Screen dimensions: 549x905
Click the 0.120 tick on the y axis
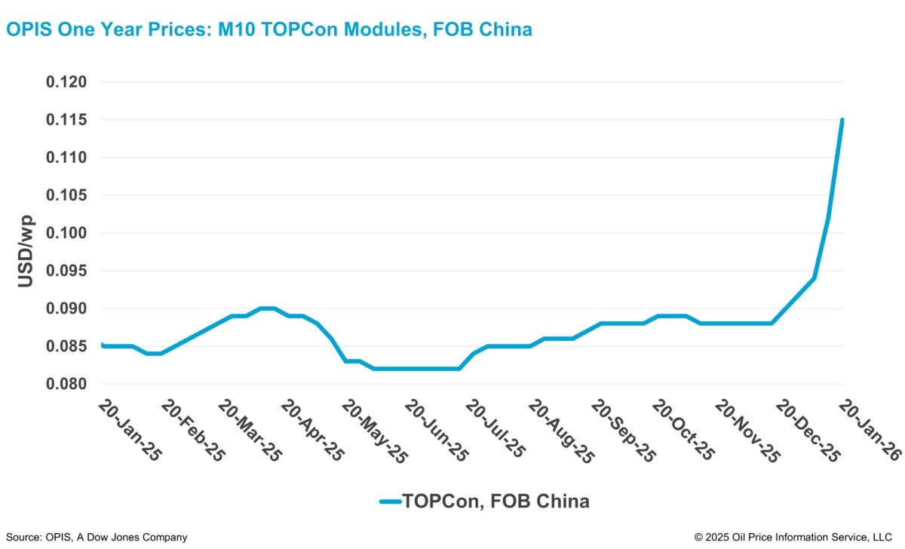pyautogui.click(x=67, y=82)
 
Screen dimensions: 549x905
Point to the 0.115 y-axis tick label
pyautogui.click(x=67, y=120)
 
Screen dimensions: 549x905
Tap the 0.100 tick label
pyautogui.click(x=67, y=233)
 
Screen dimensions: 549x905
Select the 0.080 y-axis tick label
pyautogui.click(x=67, y=384)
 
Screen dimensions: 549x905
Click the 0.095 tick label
pyautogui.click(x=67, y=271)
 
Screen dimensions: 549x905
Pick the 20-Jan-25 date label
pyautogui.click(x=129, y=430)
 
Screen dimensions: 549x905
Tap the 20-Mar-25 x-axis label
pyautogui.click(x=250, y=430)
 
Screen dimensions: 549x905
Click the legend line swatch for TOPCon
pyautogui.click(x=388, y=501)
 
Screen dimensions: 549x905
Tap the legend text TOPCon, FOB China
pyautogui.click(x=495, y=501)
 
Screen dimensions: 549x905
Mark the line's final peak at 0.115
pyautogui.click(x=842, y=120)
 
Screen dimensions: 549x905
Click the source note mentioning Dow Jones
pyautogui.click(x=94, y=537)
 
